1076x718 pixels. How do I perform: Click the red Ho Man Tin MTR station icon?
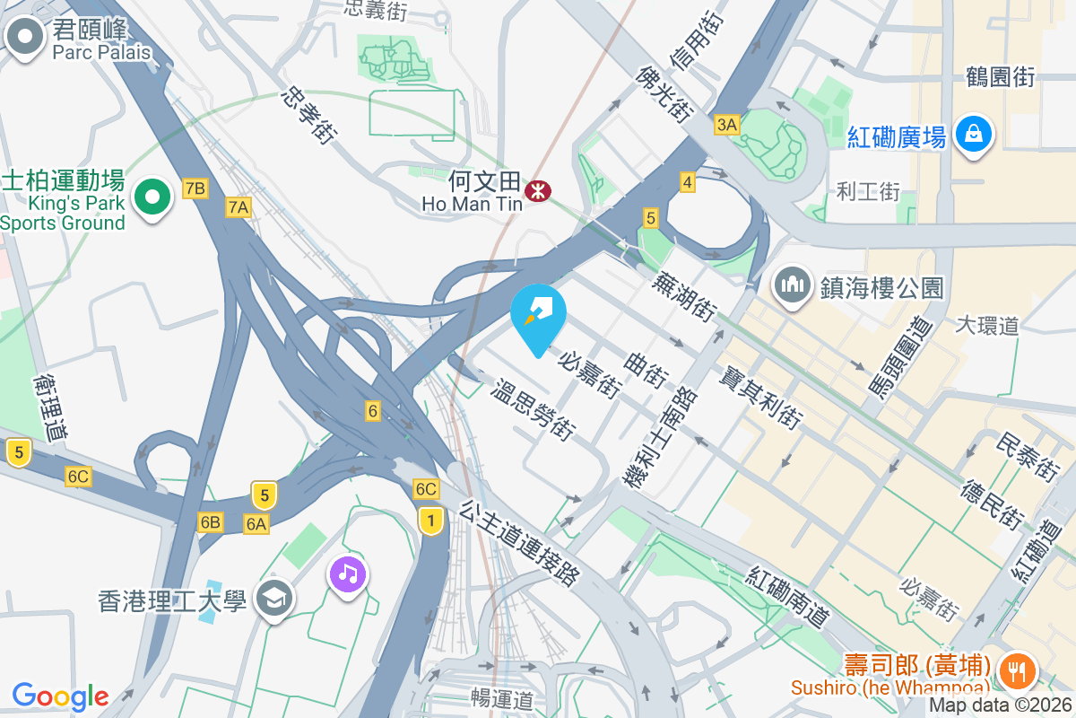coord(538,190)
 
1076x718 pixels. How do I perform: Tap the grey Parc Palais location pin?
coord(25,37)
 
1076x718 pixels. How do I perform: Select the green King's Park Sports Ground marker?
coord(152,197)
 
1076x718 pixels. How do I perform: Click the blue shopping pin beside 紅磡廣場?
coord(971,135)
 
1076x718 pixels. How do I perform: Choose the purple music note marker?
coord(348,573)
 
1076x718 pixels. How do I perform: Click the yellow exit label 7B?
coord(195,188)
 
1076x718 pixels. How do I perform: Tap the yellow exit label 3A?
coord(726,125)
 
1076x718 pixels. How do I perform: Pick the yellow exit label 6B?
coord(211,522)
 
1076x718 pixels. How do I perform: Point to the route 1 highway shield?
coord(431,520)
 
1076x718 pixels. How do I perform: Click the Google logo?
coord(60,696)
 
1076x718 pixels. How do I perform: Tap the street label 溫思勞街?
coord(533,411)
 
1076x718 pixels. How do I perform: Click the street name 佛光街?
coord(664,93)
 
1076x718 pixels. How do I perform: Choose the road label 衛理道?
coord(50,408)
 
